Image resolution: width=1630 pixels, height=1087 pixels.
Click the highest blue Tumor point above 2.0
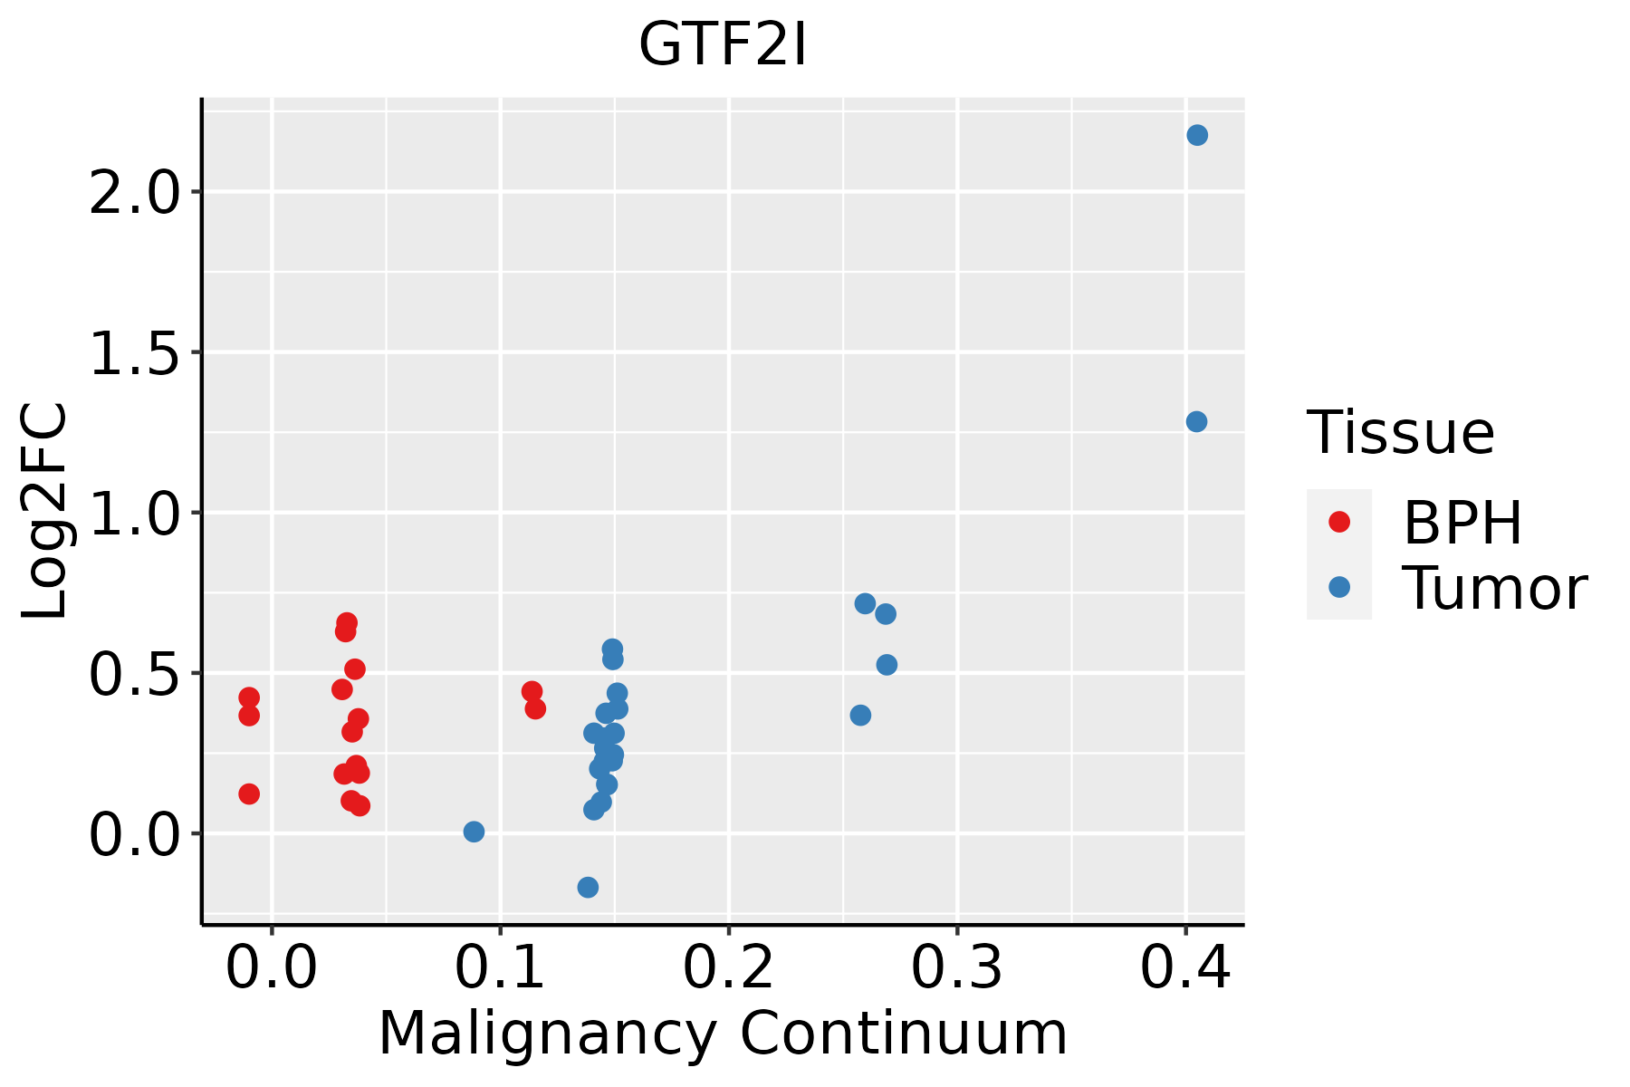tap(1197, 135)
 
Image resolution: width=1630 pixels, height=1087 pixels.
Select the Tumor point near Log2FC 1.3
tap(1196, 421)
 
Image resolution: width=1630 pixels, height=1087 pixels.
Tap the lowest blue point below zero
tap(588, 887)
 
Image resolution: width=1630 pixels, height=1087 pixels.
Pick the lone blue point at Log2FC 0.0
tap(474, 832)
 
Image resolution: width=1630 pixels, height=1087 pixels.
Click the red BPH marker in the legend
tap(1338, 521)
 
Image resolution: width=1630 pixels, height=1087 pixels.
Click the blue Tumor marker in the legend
tap(1338, 587)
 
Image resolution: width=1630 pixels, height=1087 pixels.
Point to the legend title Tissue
tap(1400, 433)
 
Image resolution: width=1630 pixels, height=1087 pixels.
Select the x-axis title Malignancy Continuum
tap(722, 1034)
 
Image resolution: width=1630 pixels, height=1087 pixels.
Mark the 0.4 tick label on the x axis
tap(1184, 967)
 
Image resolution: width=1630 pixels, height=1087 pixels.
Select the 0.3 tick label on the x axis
tap(956, 967)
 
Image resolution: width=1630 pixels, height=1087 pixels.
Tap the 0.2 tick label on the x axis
tap(728, 967)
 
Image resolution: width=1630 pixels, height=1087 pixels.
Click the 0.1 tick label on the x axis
tap(500, 967)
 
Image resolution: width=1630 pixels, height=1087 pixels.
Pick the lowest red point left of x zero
tap(249, 794)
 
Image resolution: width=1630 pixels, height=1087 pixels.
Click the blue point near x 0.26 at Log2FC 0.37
tap(860, 715)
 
